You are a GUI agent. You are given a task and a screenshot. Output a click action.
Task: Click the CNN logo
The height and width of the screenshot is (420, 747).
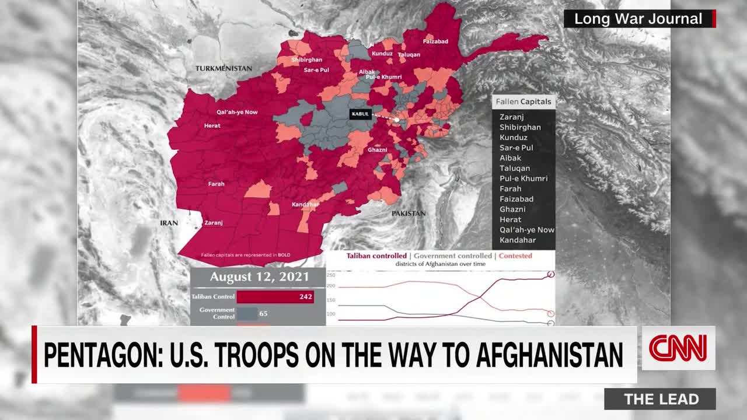click(678, 348)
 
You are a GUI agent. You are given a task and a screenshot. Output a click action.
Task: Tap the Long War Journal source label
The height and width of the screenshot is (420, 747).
click(638, 19)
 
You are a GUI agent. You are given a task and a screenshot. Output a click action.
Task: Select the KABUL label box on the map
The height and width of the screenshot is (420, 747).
click(360, 114)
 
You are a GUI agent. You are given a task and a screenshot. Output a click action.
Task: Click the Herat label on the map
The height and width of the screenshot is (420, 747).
click(212, 125)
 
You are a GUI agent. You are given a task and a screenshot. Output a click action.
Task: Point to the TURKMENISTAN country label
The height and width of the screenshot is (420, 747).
click(224, 68)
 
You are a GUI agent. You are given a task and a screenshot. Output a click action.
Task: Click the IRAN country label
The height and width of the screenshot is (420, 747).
click(169, 223)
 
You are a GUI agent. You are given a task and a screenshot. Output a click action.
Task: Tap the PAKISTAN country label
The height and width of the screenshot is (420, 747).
click(409, 213)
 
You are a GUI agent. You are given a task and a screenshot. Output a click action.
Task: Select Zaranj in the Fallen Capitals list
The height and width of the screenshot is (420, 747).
click(512, 117)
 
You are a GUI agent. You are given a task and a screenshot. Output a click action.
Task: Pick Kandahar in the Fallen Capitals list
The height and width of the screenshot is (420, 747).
click(518, 240)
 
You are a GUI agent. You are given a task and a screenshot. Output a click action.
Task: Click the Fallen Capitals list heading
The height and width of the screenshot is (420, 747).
click(523, 101)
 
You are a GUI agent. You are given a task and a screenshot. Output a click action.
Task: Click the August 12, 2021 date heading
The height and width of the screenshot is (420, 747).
click(260, 277)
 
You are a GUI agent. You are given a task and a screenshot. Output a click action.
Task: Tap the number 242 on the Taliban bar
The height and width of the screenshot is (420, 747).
click(306, 297)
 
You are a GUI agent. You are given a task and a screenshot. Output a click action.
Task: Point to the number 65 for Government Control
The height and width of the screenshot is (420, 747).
click(263, 313)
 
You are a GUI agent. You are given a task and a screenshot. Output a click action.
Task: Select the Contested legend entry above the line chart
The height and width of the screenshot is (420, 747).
click(515, 256)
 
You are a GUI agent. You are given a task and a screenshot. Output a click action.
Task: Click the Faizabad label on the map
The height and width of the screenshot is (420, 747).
click(435, 41)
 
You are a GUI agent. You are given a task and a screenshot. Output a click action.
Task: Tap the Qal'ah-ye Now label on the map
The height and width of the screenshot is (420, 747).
click(237, 112)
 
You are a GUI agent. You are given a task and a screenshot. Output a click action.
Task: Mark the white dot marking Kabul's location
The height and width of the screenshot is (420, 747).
click(397, 120)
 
